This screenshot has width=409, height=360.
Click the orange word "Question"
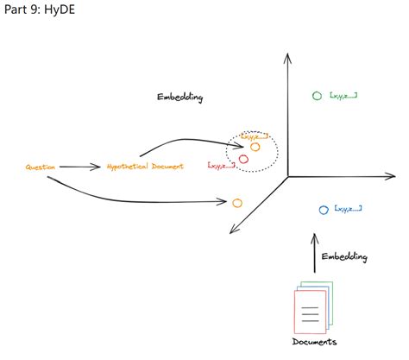(x=41, y=167)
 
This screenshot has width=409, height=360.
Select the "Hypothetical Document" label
(x=145, y=166)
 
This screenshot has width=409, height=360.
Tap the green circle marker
(x=317, y=95)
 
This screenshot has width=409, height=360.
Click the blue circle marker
(x=323, y=210)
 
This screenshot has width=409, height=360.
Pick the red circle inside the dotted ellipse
(x=243, y=159)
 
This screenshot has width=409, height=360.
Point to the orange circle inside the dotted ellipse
(x=255, y=147)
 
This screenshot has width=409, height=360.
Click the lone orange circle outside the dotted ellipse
(x=236, y=202)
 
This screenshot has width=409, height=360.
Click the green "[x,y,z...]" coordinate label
(x=343, y=95)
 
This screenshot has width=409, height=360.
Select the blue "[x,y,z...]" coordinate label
(x=347, y=209)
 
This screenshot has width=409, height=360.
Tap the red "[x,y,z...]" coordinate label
(x=220, y=164)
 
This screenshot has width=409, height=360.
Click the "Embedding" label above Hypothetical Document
(x=179, y=98)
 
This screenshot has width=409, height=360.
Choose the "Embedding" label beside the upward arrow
(x=344, y=256)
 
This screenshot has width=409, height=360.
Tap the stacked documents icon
(x=312, y=306)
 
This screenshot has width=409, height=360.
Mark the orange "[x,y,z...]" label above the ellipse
(x=255, y=136)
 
